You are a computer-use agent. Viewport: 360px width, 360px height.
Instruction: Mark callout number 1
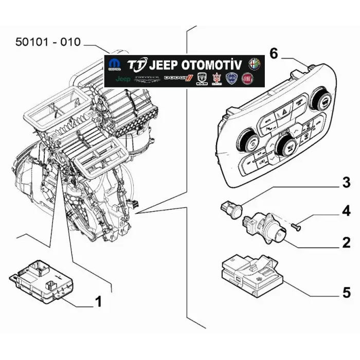pyautogui.click(x=98, y=302)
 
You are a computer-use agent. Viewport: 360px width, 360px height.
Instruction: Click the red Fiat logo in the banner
pyautogui.click(x=248, y=78)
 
